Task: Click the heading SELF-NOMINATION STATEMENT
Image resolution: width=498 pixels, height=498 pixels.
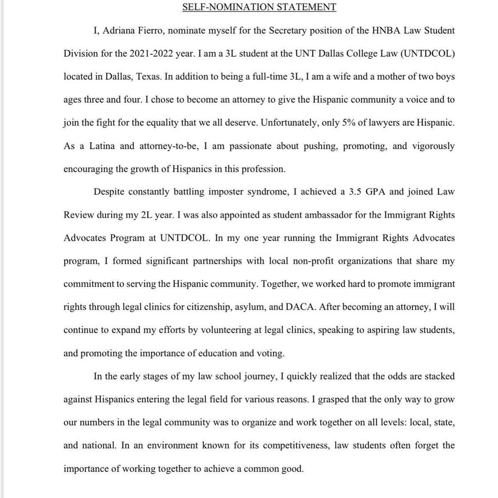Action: [259, 7]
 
